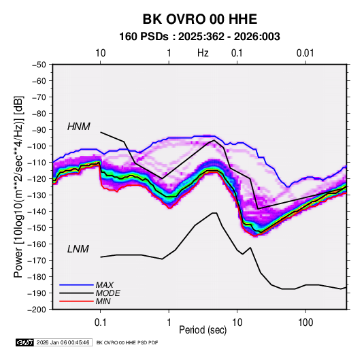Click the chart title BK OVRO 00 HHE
coord(199,19)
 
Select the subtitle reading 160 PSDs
coord(144,37)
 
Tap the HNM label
coord(79,127)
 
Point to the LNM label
coord(78,249)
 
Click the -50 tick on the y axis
coord(39,65)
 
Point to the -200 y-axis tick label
coord(37,310)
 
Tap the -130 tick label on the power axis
coord(37,195)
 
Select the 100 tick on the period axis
coord(305,323)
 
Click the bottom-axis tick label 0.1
coord(100,323)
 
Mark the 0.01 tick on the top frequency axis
coord(305,53)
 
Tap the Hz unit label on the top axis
coord(203,53)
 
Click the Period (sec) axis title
coord(203,330)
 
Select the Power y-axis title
coord(19,186)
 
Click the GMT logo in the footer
coord(25,342)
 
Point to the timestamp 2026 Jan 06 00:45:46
coord(63,342)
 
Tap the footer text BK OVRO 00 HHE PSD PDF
coord(127,342)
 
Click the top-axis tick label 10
coord(101,53)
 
